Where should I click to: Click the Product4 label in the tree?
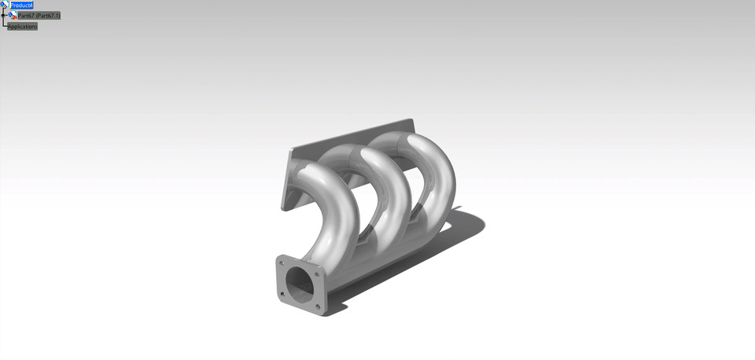tap(21, 6)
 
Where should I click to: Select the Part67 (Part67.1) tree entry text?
tap(39, 16)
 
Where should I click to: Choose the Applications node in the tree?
tap(23, 27)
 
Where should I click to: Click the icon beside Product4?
tap(4, 5)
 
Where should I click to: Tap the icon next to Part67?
tap(13, 16)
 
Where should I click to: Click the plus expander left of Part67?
tap(4, 16)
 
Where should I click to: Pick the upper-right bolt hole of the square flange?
tap(316, 274)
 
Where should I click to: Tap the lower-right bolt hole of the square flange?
tap(317, 307)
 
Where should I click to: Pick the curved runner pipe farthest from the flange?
tap(440, 165)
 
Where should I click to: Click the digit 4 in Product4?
tap(31, 6)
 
